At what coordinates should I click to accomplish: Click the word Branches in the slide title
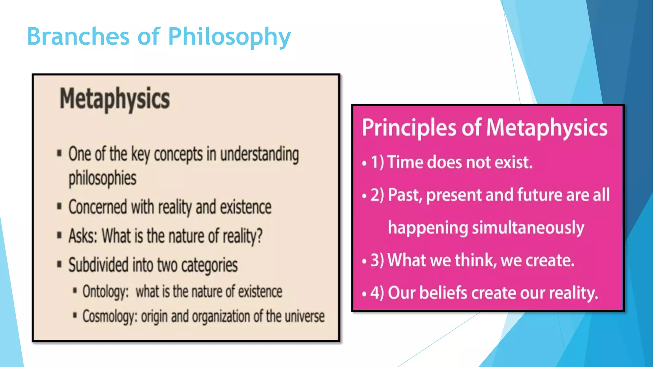point(78,36)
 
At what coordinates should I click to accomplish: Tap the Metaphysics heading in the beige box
point(115,99)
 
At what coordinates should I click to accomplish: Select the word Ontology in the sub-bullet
point(106,291)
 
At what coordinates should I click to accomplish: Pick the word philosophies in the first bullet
point(102,178)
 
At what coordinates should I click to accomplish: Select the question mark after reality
point(260,236)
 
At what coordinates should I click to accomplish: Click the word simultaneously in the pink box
point(528,228)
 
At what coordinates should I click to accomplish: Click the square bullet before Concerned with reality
point(59,207)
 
